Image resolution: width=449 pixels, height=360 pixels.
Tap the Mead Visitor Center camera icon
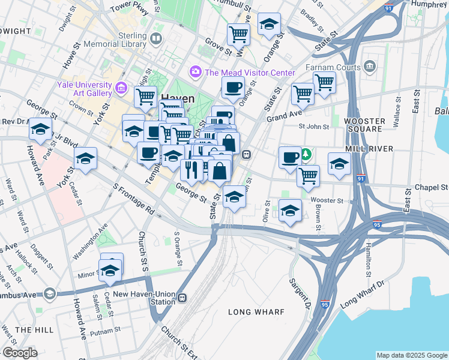click(x=195, y=73)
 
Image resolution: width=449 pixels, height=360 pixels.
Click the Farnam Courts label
click(x=331, y=67)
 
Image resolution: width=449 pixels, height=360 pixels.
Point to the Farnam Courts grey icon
click(x=369, y=67)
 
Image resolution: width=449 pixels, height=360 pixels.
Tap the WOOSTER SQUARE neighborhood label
click(x=364, y=124)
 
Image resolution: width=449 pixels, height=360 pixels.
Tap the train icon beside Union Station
click(x=182, y=298)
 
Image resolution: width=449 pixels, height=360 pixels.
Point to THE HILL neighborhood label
click(x=31, y=329)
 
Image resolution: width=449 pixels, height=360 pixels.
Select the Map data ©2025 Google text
click(x=412, y=355)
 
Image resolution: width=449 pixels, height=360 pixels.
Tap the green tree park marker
click(x=306, y=155)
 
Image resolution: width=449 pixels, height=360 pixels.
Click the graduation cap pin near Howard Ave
click(x=41, y=128)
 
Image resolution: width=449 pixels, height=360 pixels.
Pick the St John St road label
click(x=314, y=127)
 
